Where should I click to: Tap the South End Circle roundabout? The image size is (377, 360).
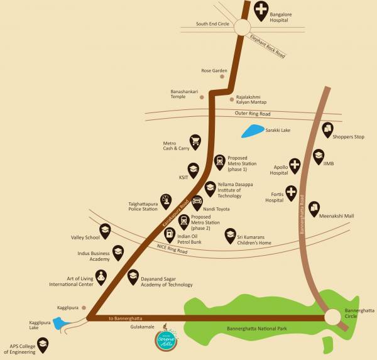243,26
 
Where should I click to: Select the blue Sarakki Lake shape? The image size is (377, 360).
253,132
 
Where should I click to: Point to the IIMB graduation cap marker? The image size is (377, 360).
319,155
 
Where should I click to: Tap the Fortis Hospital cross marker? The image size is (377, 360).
291,192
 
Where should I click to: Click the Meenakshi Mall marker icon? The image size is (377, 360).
314,209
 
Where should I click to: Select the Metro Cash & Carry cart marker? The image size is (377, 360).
195,141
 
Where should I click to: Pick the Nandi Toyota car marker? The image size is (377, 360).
197,202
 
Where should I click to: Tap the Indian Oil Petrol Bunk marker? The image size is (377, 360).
169,235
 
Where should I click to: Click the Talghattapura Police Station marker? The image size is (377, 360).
165,200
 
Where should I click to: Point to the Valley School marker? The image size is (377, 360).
105,231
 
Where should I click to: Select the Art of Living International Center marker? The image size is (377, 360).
102,275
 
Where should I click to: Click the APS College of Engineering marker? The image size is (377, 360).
43,344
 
